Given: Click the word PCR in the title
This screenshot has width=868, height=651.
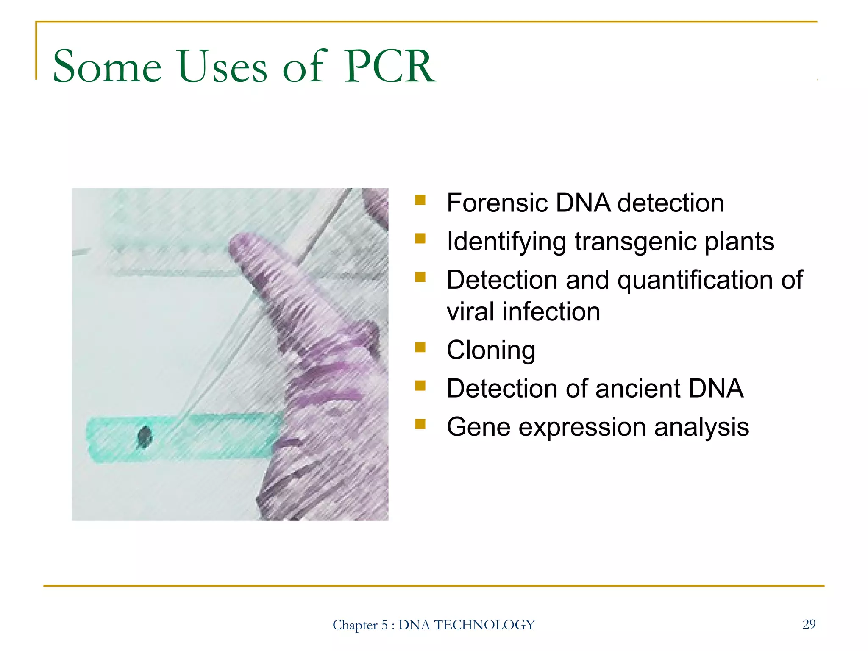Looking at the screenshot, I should pyautogui.click(x=389, y=67).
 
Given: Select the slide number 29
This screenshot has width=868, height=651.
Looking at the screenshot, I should pyautogui.click(x=809, y=624).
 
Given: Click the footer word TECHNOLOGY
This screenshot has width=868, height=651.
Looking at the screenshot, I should pyautogui.click(x=484, y=625).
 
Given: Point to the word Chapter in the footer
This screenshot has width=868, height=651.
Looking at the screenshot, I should pyautogui.click(x=355, y=625).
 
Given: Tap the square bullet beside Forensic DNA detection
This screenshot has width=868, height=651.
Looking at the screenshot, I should pyautogui.click(x=420, y=200).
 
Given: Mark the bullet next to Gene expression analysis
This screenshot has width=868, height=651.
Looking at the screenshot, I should pyautogui.click(x=420, y=424).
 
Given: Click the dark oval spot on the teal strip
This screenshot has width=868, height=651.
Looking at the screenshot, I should pyautogui.click(x=145, y=437).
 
